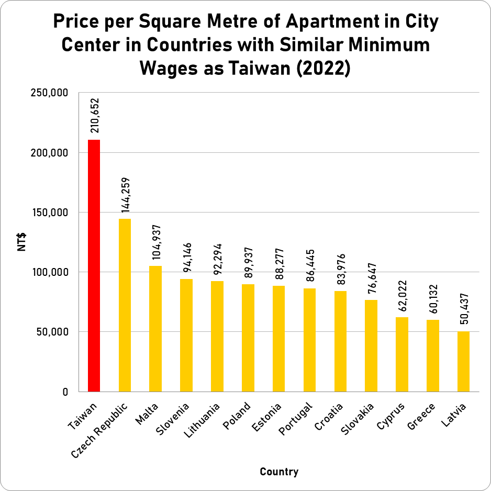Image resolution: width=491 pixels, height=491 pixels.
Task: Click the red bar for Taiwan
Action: pyautogui.click(x=94, y=265)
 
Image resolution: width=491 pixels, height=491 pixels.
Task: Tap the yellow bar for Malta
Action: pyautogui.click(x=155, y=328)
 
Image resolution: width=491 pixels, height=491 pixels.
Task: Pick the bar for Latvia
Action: pyautogui.click(x=463, y=361)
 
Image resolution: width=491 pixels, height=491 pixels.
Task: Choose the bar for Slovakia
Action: pyautogui.click(x=371, y=345)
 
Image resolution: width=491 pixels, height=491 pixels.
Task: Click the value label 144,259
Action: pyautogui.click(x=126, y=195)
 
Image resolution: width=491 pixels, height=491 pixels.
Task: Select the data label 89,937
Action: pyautogui.click(x=248, y=260)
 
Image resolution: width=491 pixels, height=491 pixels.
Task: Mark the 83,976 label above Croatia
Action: pyautogui.click(x=341, y=267)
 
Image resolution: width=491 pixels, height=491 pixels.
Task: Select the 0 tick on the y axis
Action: pyautogui.click(x=65, y=392)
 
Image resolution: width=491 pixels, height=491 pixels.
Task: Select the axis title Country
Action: pyautogui.click(x=279, y=472)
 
